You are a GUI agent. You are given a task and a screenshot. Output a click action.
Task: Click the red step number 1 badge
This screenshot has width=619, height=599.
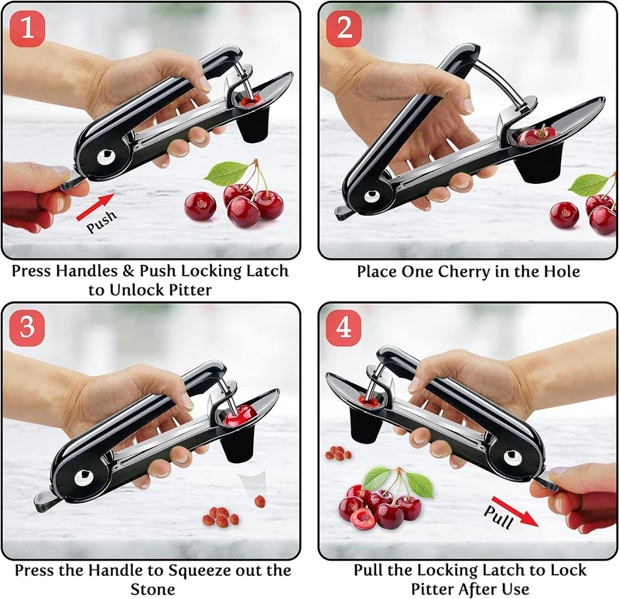coord(27,29)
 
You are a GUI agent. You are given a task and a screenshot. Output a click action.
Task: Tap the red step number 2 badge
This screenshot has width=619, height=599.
coord(344,29)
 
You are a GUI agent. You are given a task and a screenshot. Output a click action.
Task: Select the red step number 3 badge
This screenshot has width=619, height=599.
coord(27,328)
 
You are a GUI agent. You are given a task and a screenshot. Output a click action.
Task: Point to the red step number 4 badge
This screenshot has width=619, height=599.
coord(344,328)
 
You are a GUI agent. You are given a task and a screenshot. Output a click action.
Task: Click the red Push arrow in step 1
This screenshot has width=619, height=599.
coord(95,206)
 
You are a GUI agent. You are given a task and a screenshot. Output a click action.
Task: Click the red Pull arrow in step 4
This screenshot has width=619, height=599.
coord(515,511)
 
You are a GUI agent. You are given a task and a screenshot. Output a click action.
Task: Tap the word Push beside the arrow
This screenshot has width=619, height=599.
coord(102,222)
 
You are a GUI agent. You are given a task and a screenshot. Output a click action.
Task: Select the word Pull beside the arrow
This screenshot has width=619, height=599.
coord(498,516)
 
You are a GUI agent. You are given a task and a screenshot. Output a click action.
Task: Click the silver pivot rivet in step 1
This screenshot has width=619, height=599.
coord(106,157)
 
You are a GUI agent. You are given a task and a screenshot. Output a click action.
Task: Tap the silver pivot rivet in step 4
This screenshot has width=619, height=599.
coord(512,458)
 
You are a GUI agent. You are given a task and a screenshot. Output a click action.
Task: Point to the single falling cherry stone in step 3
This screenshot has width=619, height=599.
coord(260,502)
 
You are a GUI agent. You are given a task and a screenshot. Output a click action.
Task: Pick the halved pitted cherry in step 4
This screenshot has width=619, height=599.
coord(362,519)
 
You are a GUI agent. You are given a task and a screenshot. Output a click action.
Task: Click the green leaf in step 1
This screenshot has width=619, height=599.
coord(226,172)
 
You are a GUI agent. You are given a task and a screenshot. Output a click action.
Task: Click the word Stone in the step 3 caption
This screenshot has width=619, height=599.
coord(152,590)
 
